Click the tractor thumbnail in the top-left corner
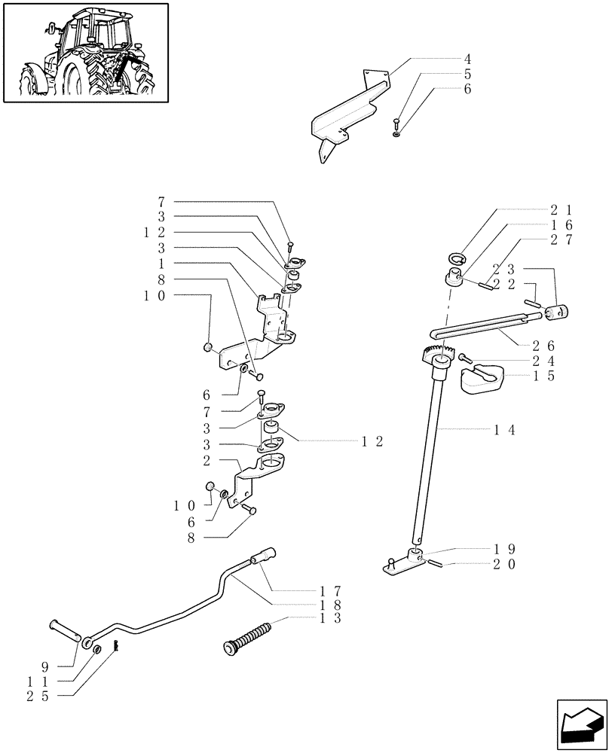(85, 52)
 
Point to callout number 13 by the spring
(329, 618)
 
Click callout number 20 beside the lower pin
(506, 564)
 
